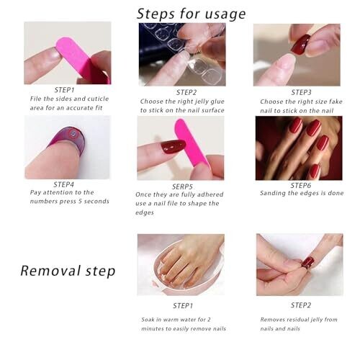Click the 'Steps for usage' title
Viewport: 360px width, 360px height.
click(x=191, y=14)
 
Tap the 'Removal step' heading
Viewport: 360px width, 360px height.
click(x=68, y=271)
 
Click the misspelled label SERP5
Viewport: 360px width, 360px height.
click(x=182, y=186)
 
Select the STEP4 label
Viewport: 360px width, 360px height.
click(x=64, y=184)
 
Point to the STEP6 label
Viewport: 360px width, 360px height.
click(x=301, y=186)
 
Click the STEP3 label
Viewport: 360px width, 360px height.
click(x=302, y=92)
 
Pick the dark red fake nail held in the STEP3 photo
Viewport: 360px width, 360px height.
click(x=300, y=45)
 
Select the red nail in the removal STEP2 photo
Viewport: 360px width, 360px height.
click(x=308, y=262)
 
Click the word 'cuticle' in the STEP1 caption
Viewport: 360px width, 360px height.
click(x=98, y=99)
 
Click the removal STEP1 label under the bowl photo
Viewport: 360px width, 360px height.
click(x=183, y=306)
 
